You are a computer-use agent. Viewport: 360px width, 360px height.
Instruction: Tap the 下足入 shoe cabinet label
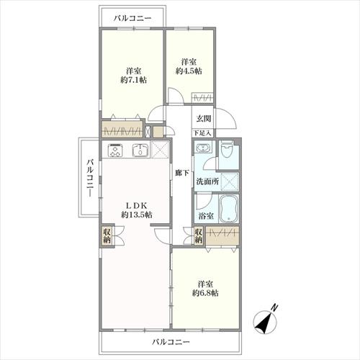point(202,133)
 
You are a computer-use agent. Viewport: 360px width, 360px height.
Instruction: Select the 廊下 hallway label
point(181,173)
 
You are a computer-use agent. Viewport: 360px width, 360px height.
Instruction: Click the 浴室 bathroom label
point(204,215)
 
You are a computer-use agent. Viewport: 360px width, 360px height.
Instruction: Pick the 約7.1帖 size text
point(132,81)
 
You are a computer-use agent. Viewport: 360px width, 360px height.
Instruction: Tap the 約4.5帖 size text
point(189,71)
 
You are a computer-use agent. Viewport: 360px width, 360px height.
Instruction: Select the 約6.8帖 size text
point(205,293)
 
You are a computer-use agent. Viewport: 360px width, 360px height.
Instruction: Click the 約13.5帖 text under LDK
point(135,215)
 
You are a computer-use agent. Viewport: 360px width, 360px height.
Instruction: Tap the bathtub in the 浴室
point(229,209)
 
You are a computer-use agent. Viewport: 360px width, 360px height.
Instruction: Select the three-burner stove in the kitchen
point(117,150)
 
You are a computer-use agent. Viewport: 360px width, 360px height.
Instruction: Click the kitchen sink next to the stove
point(140,150)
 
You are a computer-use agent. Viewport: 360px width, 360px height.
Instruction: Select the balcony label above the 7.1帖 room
point(132,17)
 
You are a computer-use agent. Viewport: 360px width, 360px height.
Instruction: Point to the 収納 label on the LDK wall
point(107,236)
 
